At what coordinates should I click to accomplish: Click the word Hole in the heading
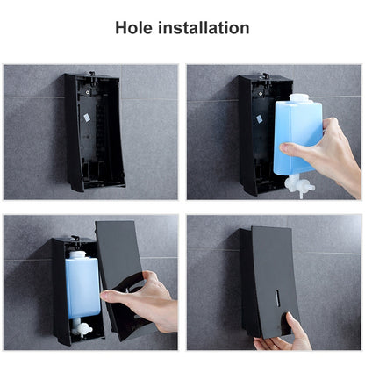point(133,28)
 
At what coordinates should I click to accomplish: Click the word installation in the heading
point(204,28)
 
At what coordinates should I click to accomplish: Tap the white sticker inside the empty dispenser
point(87,118)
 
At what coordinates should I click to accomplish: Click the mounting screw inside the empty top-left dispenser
point(88,92)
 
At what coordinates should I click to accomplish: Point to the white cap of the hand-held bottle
point(299,98)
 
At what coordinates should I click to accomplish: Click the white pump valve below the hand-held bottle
point(299,185)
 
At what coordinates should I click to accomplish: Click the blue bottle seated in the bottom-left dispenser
point(82,284)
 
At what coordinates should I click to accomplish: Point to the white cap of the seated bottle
point(77,254)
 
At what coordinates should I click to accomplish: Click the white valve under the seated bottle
point(81,327)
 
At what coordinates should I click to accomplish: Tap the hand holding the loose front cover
point(143,301)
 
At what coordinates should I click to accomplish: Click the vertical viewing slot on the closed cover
point(277,298)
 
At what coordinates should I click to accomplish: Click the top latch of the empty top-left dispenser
point(92,75)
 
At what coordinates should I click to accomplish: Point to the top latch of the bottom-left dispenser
point(75,239)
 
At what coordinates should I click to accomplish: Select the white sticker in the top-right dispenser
point(259,118)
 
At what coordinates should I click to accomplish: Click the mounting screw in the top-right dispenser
point(260,93)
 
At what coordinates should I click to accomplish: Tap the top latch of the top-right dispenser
point(266,76)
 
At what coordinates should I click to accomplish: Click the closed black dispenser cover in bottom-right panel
point(275,281)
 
